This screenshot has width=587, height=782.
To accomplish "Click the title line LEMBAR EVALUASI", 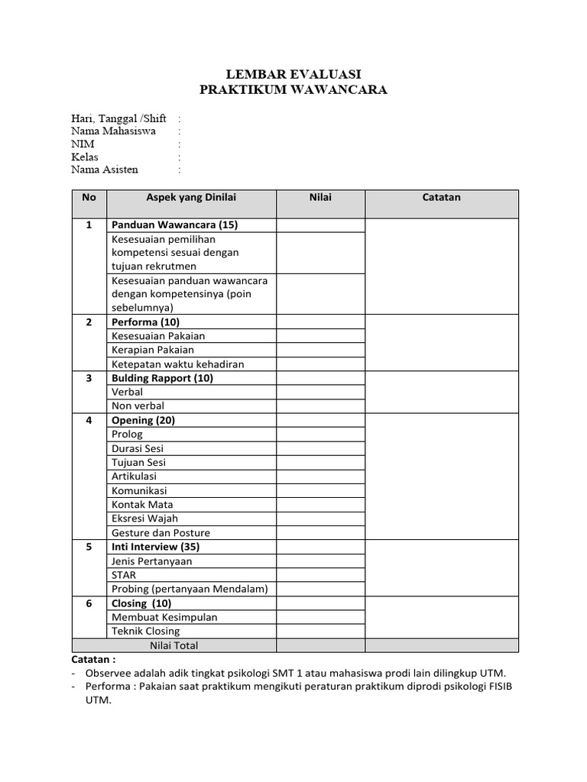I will [293, 74].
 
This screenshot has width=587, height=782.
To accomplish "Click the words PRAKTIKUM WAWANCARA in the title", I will [293, 90].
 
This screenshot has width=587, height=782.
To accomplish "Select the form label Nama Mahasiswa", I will [113, 131].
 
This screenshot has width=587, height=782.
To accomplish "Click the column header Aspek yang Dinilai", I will [191, 198].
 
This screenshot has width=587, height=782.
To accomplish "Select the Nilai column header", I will [320, 198].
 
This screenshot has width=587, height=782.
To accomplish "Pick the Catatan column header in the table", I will [442, 198].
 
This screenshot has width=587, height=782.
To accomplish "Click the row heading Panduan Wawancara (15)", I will [175, 225].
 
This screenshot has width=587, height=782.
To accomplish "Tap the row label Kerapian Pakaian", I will [153, 350].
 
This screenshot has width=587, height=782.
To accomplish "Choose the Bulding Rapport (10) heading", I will [163, 378].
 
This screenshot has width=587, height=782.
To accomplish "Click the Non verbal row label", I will [138, 406].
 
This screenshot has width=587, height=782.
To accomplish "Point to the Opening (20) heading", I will [144, 420].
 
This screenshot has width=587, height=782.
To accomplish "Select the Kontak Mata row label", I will [142, 505].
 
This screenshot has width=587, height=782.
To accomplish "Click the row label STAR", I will [124, 575].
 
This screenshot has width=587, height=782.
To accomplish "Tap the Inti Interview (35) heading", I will [157, 547].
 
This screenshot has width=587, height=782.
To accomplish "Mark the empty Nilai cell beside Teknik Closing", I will [320, 632].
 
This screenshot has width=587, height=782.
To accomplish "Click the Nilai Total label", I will [174, 645].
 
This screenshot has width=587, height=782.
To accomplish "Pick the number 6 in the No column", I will [89, 603].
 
